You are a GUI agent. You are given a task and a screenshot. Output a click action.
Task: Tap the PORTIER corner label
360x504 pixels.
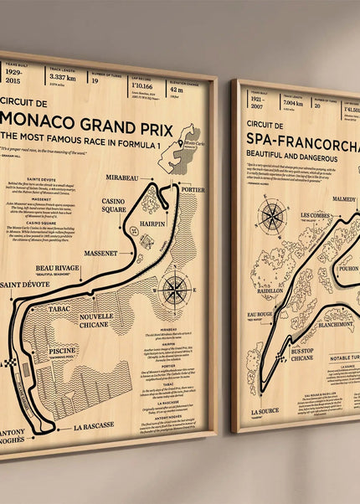click(x=192, y=188)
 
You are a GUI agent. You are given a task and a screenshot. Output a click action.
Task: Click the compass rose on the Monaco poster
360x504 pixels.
click(x=175, y=289)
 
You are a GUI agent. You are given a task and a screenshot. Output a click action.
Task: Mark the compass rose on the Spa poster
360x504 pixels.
click(x=272, y=214)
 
